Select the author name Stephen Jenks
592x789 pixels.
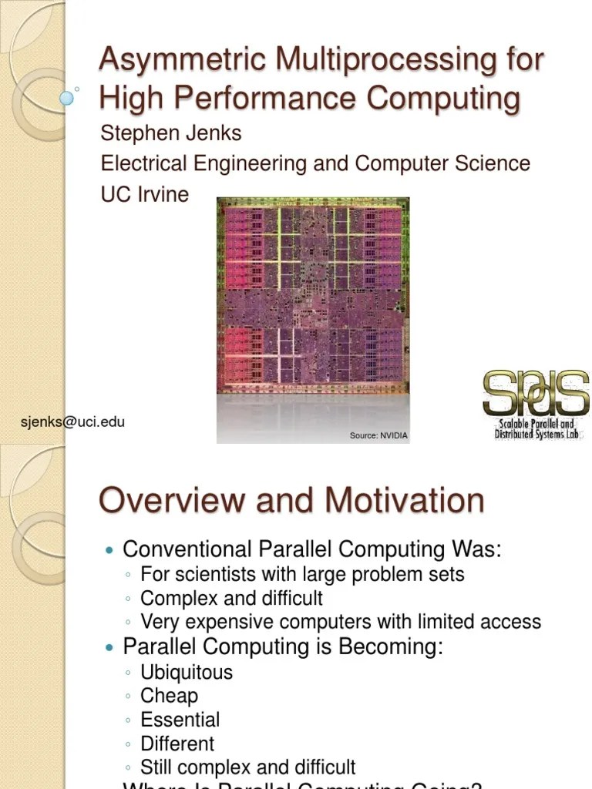click(x=170, y=133)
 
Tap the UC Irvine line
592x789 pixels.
click(x=144, y=194)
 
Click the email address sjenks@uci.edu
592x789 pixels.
click(x=72, y=421)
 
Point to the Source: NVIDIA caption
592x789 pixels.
click(x=378, y=436)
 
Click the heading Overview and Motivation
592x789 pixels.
click(x=291, y=501)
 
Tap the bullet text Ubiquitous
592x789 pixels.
click(x=186, y=672)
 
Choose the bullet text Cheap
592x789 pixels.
click(x=169, y=696)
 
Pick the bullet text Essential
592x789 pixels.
click(x=180, y=720)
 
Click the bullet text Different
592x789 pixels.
click(x=177, y=744)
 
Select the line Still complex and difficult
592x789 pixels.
click(x=247, y=767)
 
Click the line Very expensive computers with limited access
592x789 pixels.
click(x=340, y=622)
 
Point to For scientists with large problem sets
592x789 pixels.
click(x=302, y=574)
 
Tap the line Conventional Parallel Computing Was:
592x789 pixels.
click(x=312, y=550)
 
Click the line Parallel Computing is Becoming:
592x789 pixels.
click(x=283, y=647)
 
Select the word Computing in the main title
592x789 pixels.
click(x=442, y=99)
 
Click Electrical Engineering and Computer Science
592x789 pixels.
click(x=315, y=163)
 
